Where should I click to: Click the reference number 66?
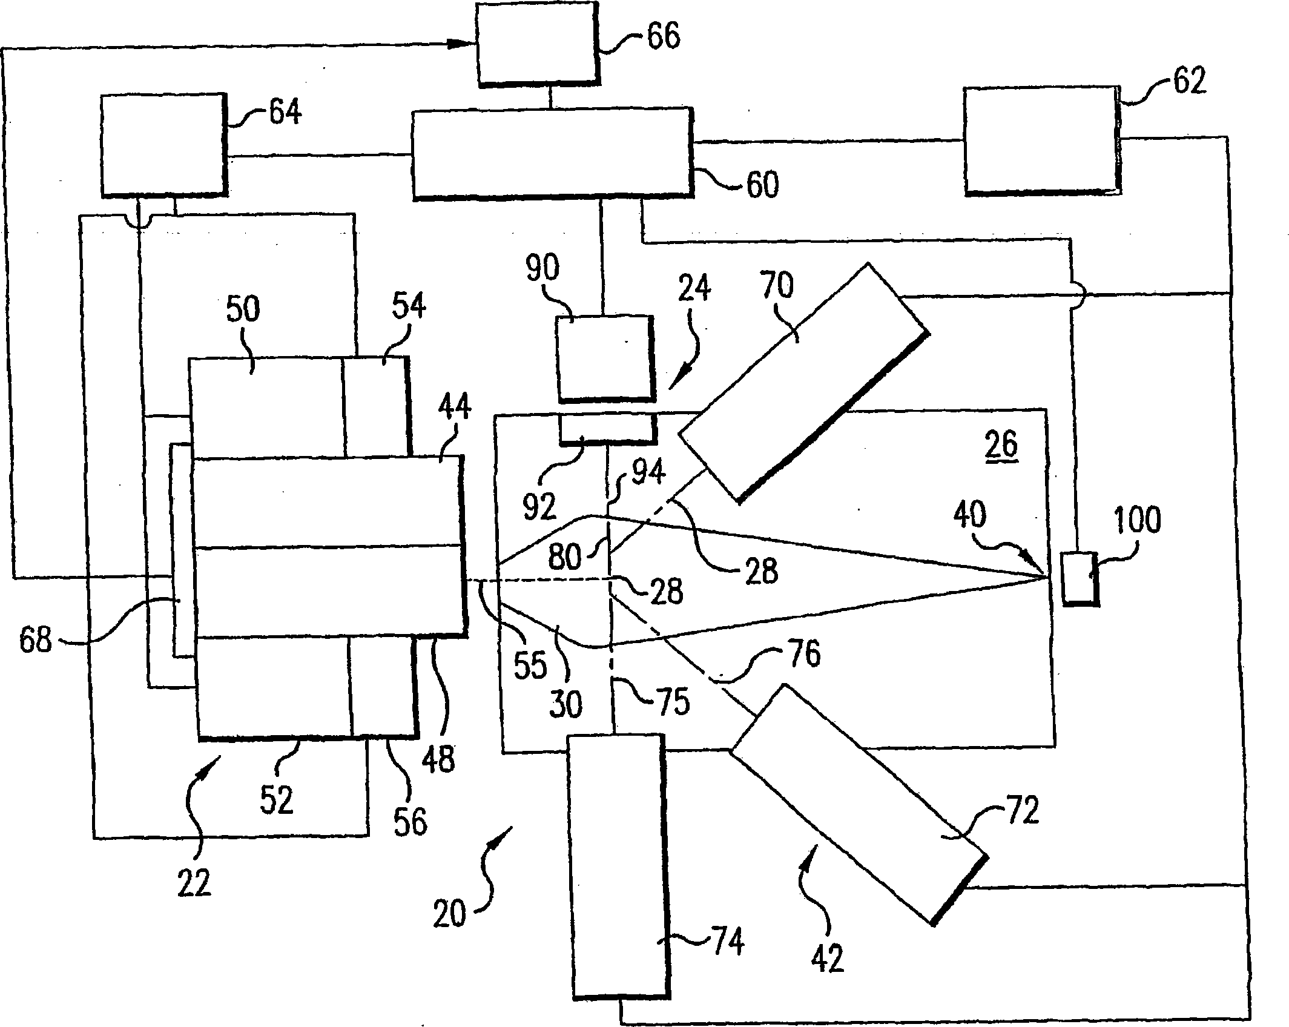point(664,36)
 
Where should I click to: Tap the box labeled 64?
point(163,145)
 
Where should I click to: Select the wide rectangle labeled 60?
point(552,154)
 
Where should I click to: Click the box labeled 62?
point(1042,141)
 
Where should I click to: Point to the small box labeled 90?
point(605,358)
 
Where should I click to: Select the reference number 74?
point(727,942)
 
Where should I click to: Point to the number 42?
point(828,959)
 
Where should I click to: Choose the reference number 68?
point(36,640)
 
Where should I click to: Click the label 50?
point(243,309)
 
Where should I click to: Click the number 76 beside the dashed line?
point(802,654)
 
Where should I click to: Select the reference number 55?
point(530,664)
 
